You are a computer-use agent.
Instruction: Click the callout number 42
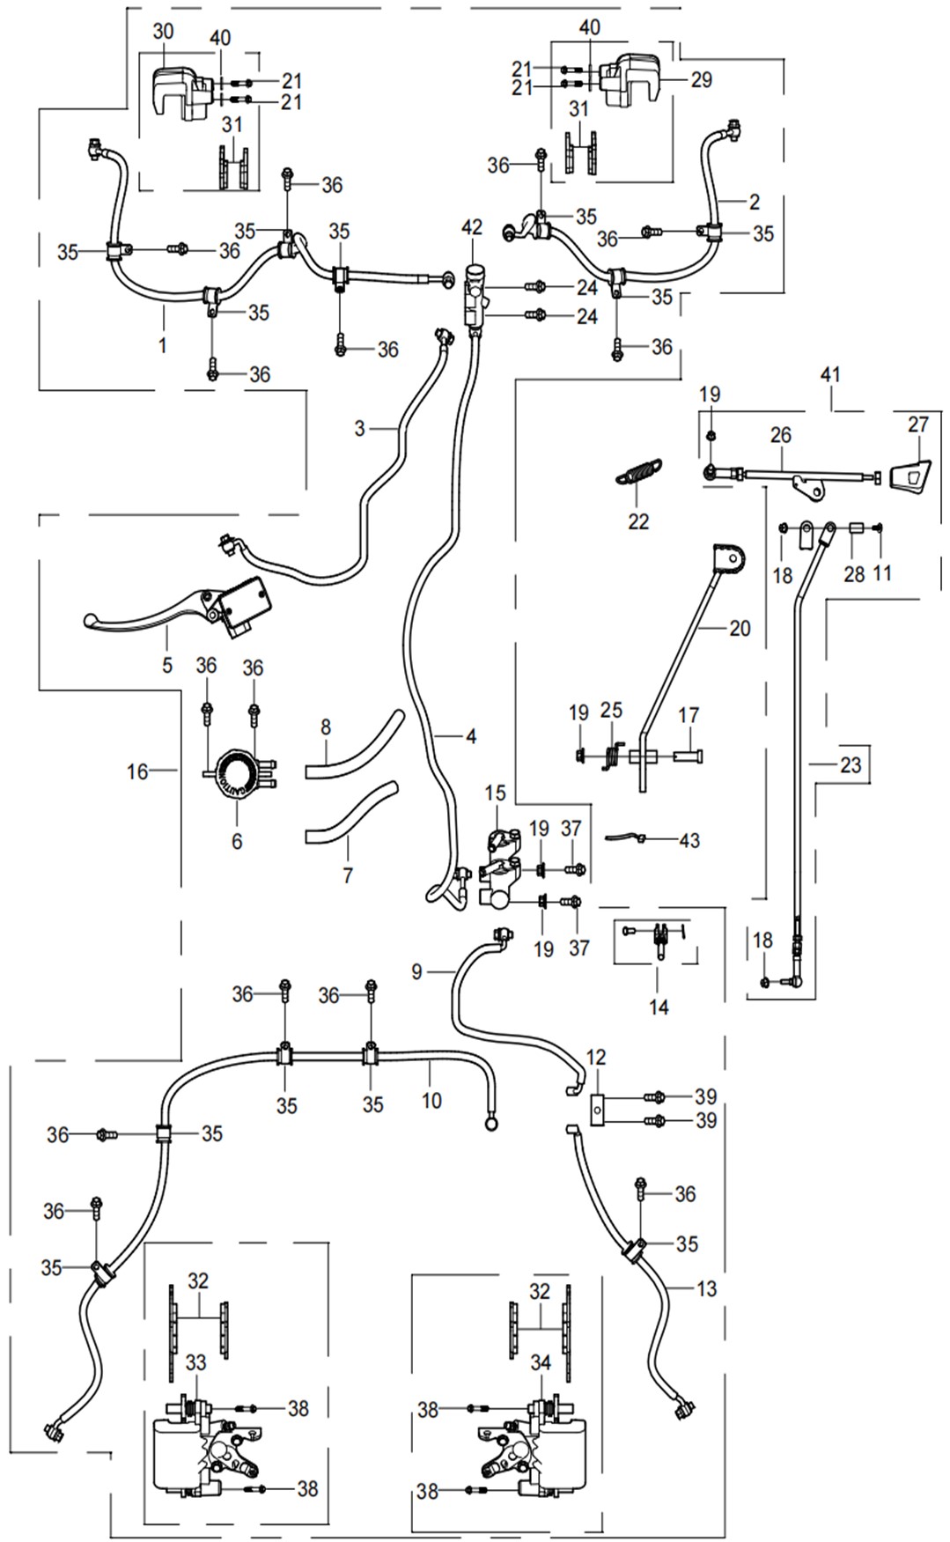(472, 227)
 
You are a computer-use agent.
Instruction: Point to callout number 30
(163, 32)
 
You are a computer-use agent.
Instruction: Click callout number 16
(137, 771)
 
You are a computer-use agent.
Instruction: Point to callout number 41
(830, 374)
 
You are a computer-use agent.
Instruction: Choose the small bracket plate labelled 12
(600, 1109)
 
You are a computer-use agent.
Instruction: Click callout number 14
(659, 1007)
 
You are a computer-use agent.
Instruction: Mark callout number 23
(850, 764)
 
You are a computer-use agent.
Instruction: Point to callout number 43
(689, 841)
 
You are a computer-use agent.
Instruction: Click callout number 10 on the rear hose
(431, 1100)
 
